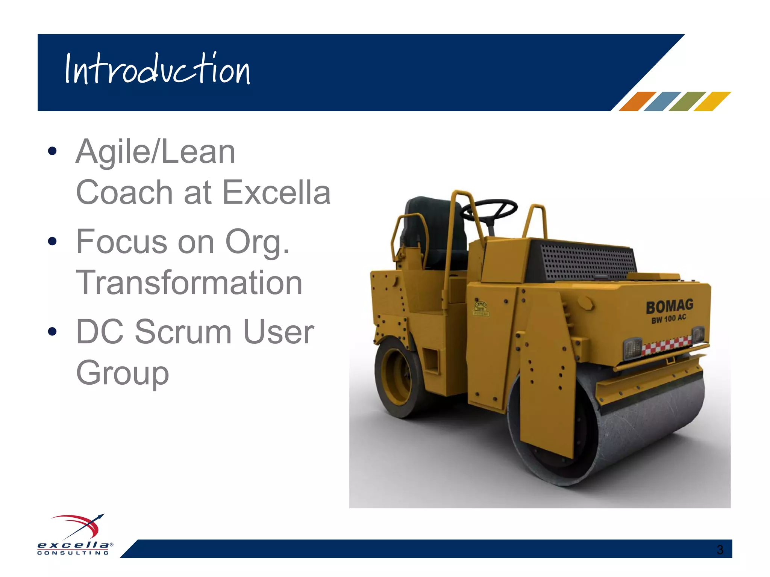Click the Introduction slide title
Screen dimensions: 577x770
pos(157,69)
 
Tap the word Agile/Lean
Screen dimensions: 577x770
pos(155,152)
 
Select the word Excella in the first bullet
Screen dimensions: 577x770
pos(276,192)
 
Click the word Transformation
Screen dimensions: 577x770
pos(189,282)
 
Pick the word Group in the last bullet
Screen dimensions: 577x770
pos(122,373)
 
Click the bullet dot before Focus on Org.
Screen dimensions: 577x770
pos(52,241)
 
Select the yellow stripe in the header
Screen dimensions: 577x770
pos(712,101)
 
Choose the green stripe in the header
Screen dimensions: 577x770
pos(687,101)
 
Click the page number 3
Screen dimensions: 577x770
pos(720,550)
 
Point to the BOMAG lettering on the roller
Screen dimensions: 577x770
pos(669,307)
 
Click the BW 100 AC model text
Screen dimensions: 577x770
pos(668,319)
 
